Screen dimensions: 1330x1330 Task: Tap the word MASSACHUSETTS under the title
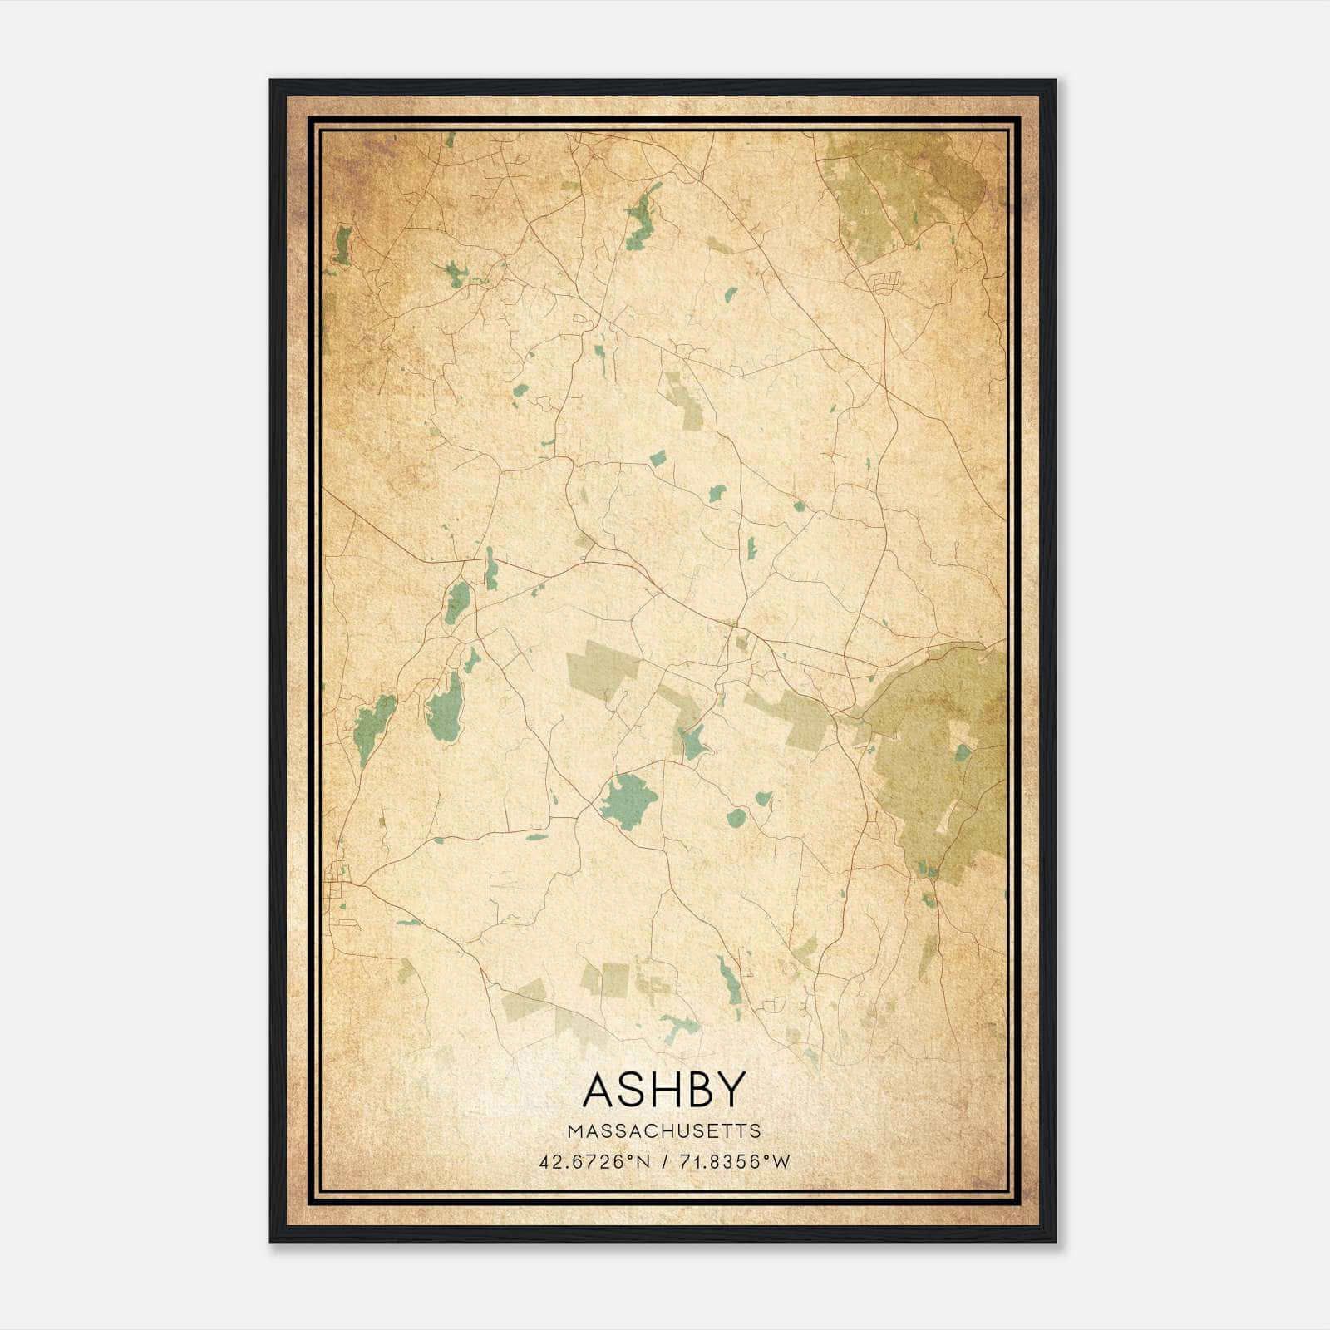663,1131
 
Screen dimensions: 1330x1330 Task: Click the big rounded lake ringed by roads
628,800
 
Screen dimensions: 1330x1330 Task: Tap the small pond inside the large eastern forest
963,752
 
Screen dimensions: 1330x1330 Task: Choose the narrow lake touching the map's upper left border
342,244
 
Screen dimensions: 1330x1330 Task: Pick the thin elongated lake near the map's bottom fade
728,981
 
